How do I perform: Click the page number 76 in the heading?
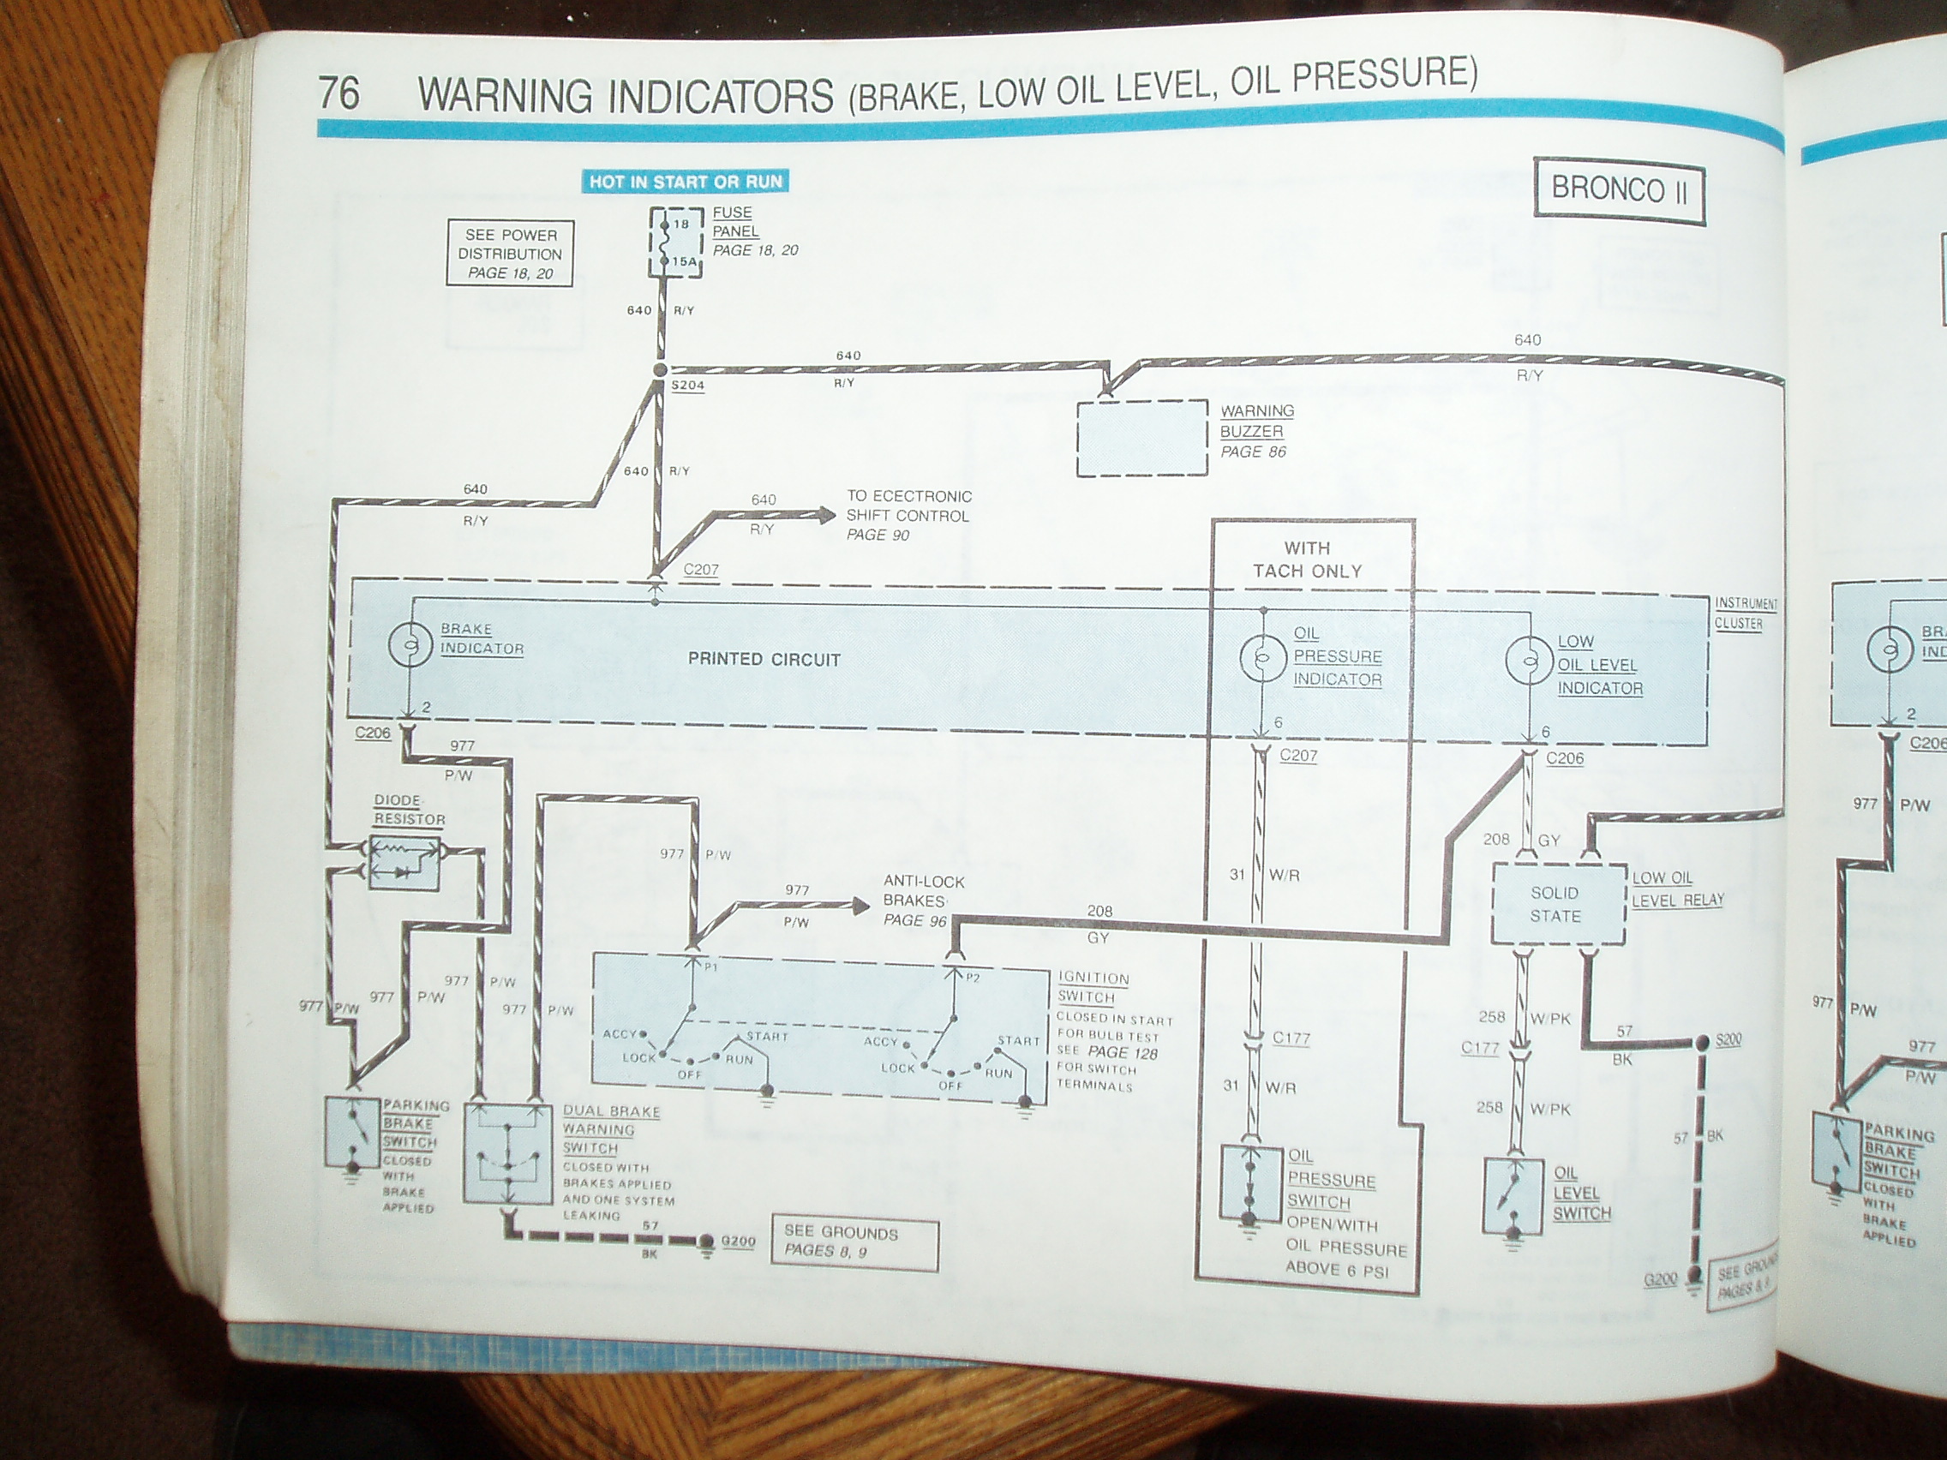tap(338, 93)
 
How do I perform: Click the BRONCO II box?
tap(1619, 190)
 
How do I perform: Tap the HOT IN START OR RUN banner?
tap(685, 182)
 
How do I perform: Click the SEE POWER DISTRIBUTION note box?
tap(510, 254)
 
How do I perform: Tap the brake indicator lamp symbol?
tap(410, 646)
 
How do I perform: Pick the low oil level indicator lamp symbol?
tap(1528, 661)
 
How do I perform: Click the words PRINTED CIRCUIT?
tap(764, 659)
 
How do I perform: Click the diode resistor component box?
tap(404, 862)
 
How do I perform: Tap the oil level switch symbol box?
tap(1513, 1196)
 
